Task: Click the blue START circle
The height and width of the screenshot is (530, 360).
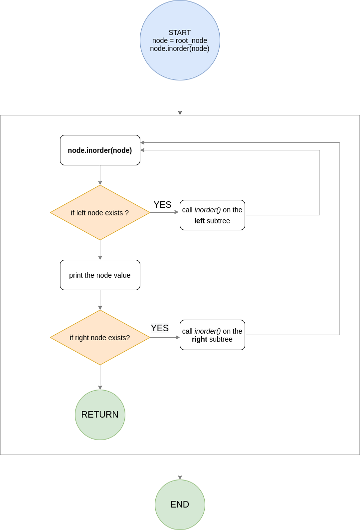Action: [180, 40]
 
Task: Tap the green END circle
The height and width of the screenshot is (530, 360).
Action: [180, 505]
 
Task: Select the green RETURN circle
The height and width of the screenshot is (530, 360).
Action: [100, 415]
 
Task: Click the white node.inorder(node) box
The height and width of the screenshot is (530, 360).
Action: [100, 150]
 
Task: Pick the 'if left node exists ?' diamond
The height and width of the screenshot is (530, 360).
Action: [100, 213]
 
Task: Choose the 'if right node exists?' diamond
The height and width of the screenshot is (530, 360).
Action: [100, 338]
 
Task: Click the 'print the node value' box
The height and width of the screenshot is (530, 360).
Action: [100, 275]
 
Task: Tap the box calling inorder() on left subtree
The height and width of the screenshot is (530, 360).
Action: [212, 215]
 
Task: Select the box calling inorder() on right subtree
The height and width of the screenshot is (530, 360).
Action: [212, 335]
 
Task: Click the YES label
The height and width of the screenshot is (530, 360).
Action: [160, 328]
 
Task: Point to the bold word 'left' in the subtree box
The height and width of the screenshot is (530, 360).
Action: [199, 221]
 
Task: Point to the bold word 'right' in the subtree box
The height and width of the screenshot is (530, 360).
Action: [200, 340]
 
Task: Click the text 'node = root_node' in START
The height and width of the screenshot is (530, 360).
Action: [180, 40]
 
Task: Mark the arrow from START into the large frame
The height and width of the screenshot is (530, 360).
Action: [180, 97]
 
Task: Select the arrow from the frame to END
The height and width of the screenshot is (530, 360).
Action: [180, 467]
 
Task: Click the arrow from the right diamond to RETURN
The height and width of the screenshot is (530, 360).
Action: [100, 377]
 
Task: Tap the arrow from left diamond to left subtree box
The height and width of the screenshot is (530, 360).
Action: [165, 212]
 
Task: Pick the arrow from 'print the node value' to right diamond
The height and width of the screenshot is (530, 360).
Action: [100, 300]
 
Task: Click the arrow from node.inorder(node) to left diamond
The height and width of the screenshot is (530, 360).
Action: [100, 175]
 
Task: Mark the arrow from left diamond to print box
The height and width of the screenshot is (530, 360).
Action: [100, 250]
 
